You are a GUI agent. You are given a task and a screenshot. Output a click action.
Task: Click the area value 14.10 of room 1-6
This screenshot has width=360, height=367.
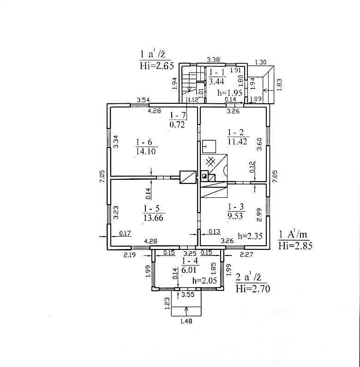click(x=146, y=151)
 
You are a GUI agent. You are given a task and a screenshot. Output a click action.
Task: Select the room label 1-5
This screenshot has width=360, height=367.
click(x=151, y=208)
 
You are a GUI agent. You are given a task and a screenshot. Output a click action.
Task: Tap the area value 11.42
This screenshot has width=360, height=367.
click(x=238, y=142)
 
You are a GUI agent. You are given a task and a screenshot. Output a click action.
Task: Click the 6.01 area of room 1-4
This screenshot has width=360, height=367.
click(x=189, y=270)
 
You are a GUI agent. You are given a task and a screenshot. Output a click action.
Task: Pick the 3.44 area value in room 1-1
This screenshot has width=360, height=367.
click(x=216, y=82)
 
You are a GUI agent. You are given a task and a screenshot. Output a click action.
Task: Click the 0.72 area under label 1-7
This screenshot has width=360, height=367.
click(x=177, y=124)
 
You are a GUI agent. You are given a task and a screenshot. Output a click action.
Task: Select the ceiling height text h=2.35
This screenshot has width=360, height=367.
click(x=250, y=236)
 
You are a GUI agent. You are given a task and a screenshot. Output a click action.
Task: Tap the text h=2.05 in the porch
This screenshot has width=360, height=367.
click(x=204, y=280)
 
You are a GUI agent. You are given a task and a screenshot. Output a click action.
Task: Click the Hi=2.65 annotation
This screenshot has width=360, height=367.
click(x=157, y=66)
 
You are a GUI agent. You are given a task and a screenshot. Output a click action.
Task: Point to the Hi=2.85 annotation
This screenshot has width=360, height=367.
click(x=295, y=246)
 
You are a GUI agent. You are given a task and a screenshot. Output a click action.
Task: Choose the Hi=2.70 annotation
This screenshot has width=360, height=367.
click(x=253, y=289)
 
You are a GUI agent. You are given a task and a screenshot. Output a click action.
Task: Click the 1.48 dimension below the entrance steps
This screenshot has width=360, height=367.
click(x=186, y=321)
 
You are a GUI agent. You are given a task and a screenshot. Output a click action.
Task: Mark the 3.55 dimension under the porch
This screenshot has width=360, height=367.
click(x=188, y=295)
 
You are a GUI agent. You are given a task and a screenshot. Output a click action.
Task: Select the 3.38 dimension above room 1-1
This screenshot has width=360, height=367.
click(x=213, y=59)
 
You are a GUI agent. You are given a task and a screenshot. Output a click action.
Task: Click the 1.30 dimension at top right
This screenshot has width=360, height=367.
click(x=261, y=62)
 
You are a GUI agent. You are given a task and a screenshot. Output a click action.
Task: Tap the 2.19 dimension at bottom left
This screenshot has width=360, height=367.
click(x=130, y=255)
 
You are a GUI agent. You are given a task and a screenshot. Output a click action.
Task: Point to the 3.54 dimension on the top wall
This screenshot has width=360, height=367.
click(x=143, y=100)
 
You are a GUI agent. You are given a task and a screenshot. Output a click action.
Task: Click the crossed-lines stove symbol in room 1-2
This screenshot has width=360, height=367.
click(x=210, y=162)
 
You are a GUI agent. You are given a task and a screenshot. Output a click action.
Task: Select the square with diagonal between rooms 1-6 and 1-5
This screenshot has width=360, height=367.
click(x=188, y=177)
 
